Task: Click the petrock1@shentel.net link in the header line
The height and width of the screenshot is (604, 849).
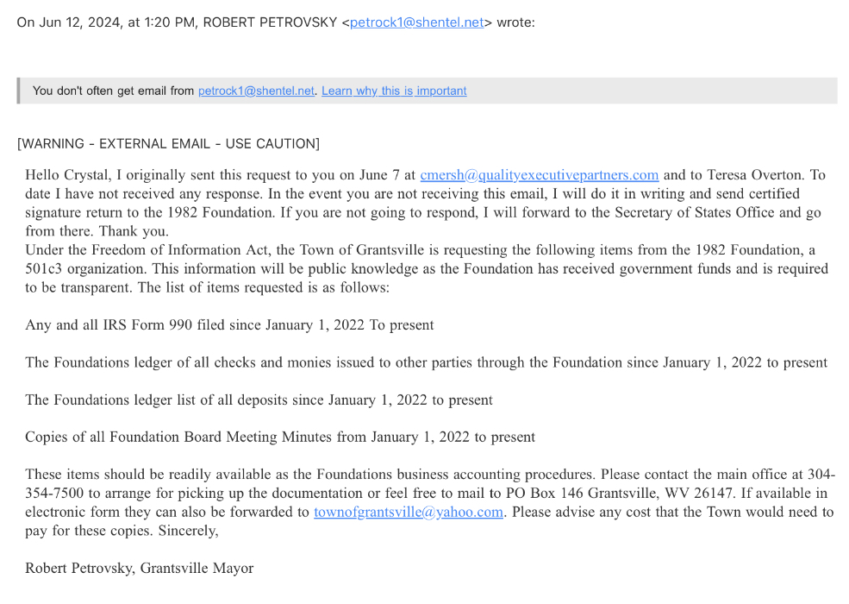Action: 416,22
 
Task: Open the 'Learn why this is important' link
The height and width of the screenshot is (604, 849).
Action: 394,91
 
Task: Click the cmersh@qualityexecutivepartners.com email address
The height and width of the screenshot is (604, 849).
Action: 540,175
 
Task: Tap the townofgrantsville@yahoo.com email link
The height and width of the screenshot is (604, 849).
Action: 408,513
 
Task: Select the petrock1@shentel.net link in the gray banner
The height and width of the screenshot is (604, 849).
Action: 256,91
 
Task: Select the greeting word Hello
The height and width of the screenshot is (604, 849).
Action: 42,175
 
